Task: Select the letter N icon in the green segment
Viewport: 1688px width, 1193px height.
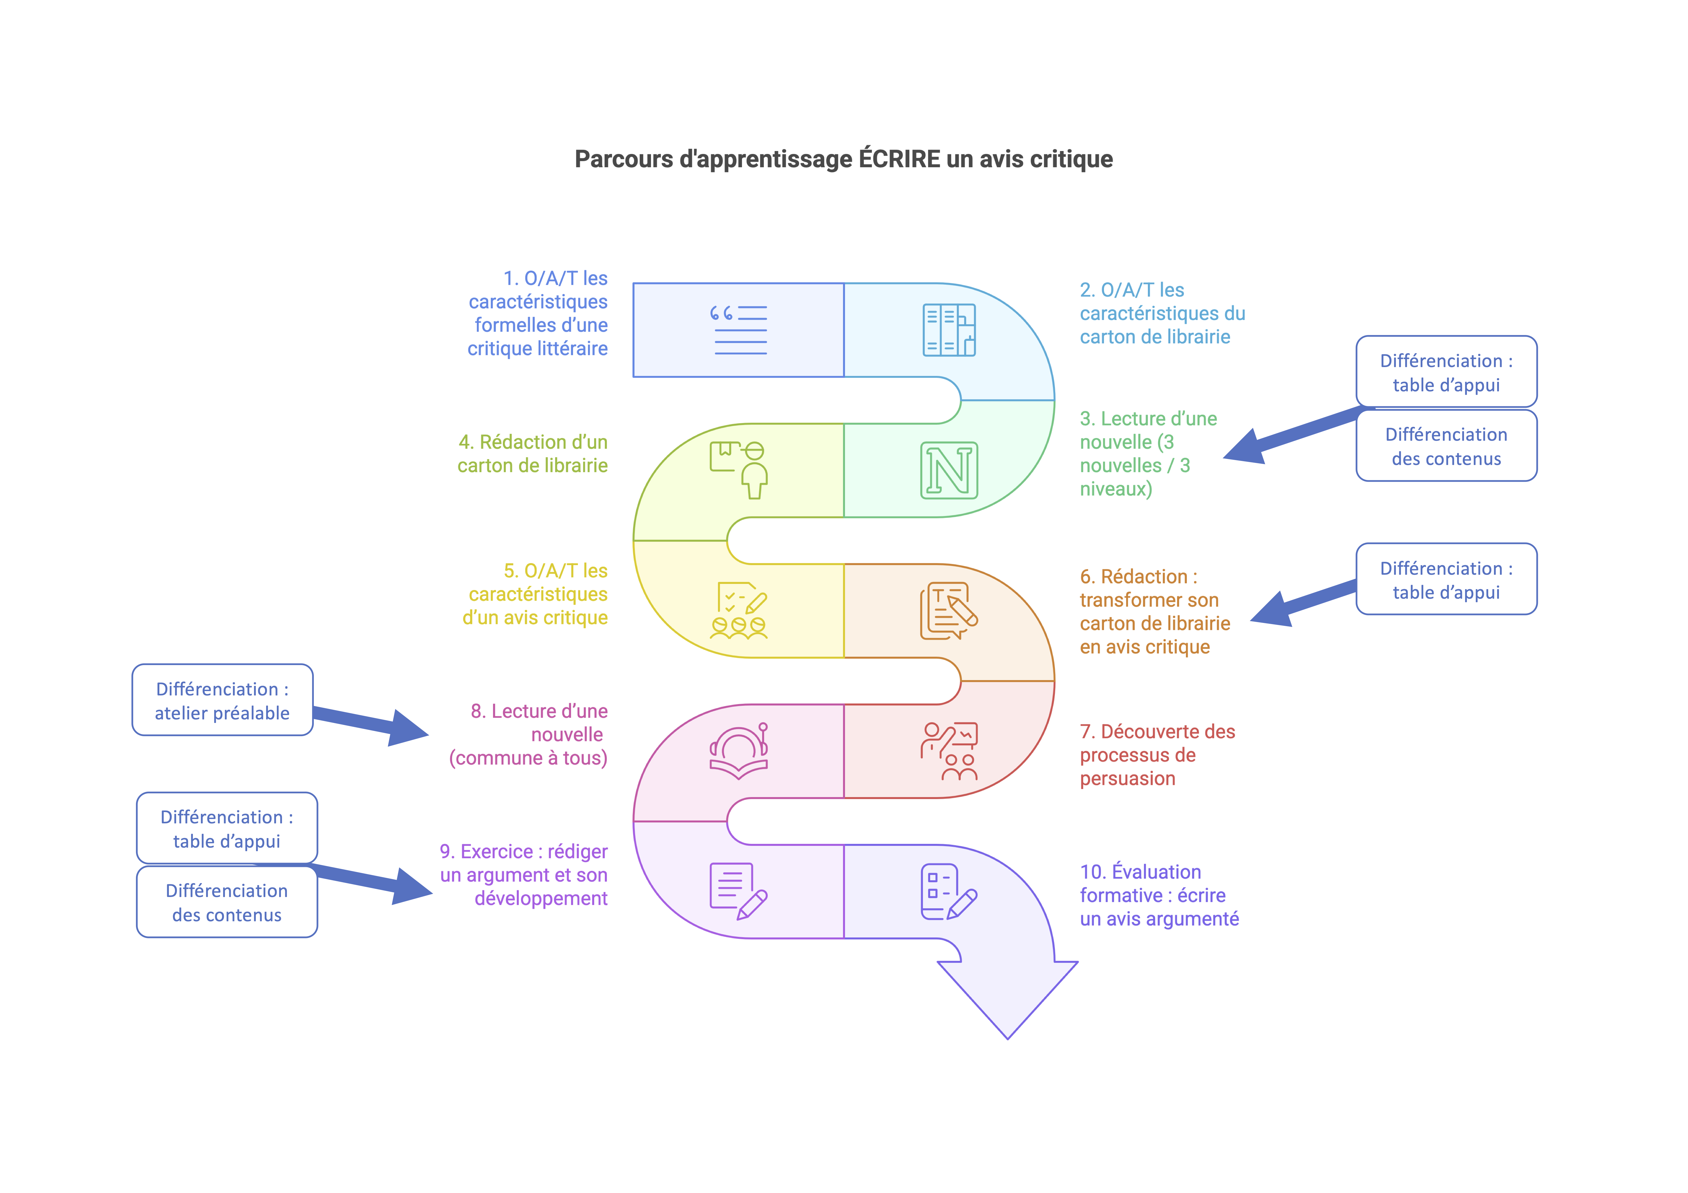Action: pyautogui.click(x=949, y=471)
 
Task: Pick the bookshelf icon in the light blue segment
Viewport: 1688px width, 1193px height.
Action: pyautogui.click(x=949, y=330)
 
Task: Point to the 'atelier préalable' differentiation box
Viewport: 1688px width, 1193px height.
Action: pyautogui.click(x=222, y=700)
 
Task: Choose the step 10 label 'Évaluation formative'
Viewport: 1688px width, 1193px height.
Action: pyautogui.click(x=1159, y=895)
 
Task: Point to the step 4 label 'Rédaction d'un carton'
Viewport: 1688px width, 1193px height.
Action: pyautogui.click(x=532, y=454)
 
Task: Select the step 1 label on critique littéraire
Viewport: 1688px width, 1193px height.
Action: pyautogui.click(x=538, y=313)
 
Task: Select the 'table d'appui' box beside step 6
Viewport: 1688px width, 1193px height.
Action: pyautogui.click(x=1446, y=580)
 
